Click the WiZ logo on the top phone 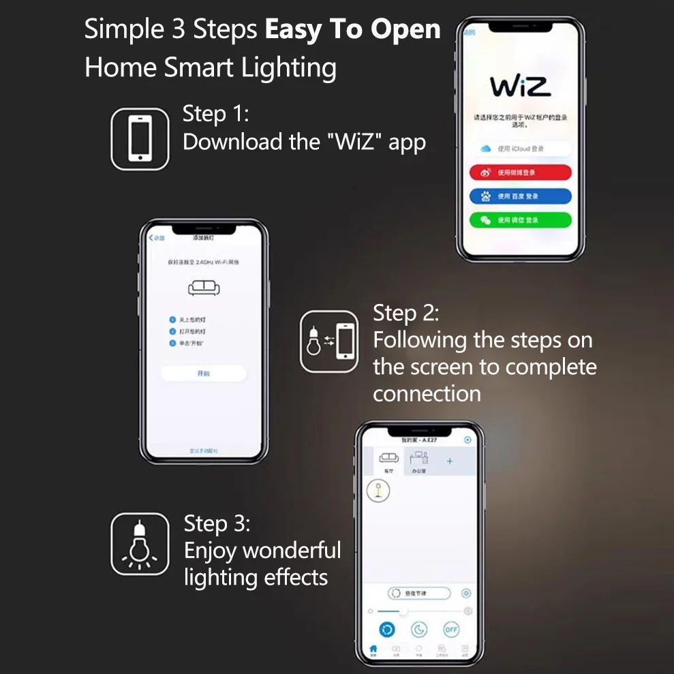(520, 87)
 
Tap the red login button (520, 172)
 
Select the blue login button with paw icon (520, 196)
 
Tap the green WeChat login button (520, 220)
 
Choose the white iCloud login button (520, 149)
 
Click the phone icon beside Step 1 (140, 139)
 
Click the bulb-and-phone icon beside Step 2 (329, 341)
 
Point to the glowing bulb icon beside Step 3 (140, 544)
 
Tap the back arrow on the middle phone (152, 238)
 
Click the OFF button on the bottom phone (451, 629)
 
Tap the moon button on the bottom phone (418, 629)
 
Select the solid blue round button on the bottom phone (386, 629)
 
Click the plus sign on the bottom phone (449, 461)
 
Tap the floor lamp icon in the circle (378, 491)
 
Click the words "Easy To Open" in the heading (352, 31)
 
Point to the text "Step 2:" (405, 313)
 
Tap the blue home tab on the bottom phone (373, 649)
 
